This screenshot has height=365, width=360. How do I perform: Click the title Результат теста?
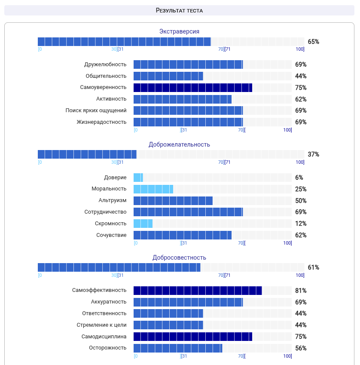click(x=179, y=10)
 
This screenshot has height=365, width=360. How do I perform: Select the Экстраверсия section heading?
click(x=179, y=31)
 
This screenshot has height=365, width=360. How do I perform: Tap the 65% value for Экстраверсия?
click(x=313, y=42)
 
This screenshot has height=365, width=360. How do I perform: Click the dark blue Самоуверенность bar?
click(x=193, y=88)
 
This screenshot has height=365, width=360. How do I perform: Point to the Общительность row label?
click(x=106, y=76)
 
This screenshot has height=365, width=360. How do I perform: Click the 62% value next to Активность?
click(x=301, y=99)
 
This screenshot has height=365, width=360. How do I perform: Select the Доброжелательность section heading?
click(x=179, y=144)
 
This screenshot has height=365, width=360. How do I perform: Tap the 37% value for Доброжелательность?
click(x=313, y=154)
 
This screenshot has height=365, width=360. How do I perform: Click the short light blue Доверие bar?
click(x=138, y=178)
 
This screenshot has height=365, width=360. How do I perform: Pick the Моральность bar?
click(x=153, y=189)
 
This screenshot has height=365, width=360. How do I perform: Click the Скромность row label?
click(x=111, y=224)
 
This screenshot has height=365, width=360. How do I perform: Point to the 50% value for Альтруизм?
click(x=301, y=201)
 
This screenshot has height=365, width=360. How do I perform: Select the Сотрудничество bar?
click(x=188, y=212)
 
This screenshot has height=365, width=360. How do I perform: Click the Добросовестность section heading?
click(x=179, y=258)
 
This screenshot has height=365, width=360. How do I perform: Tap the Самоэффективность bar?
click(x=198, y=291)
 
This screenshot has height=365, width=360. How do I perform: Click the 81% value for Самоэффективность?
click(x=301, y=291)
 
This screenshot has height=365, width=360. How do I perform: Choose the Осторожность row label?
click(x=108, y=348)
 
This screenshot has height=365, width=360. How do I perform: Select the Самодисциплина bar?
click(x=193, y=337)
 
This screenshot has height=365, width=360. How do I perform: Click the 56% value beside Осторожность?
click(x=301, y=348)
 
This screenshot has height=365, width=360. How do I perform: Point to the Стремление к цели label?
click(x=102, y=325)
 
